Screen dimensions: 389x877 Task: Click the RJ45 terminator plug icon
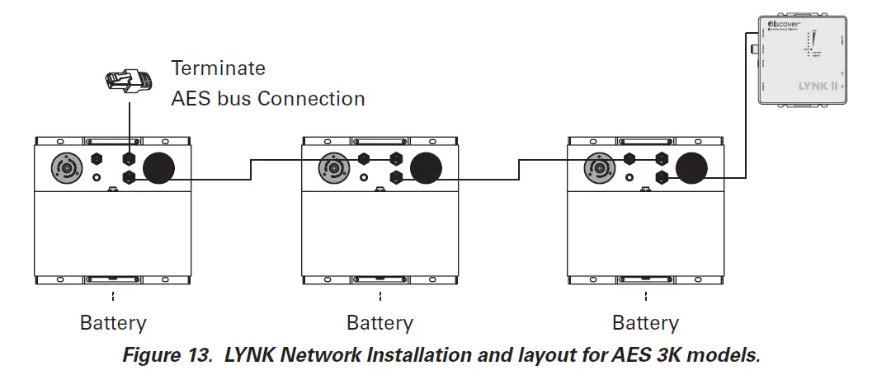(128, 81)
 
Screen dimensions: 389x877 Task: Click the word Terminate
(218, 68)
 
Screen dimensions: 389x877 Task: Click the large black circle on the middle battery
(427, 168)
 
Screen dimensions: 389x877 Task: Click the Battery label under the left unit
(113, 322)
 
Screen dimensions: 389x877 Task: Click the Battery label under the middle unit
(380, 322)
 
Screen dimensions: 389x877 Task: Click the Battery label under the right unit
(646, 322)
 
